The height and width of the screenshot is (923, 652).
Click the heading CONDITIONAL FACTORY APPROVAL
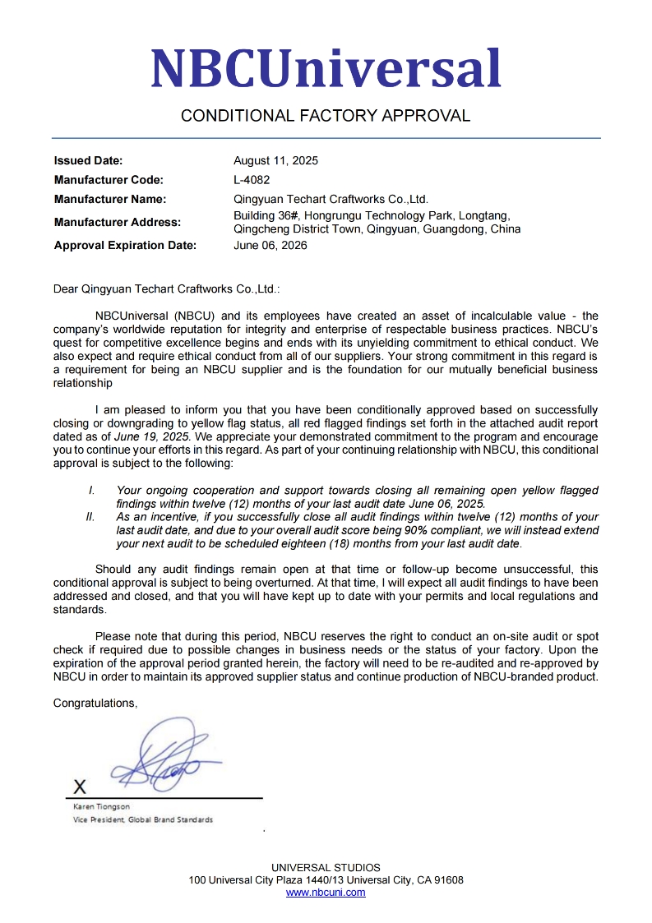coord(326,116)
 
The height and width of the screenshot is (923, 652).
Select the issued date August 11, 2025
coord(275,161)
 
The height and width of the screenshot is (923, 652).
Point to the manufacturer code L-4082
coord(252,180)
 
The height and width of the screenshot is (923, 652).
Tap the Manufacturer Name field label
coord(110,199)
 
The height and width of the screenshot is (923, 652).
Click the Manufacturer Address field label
coord(118,222)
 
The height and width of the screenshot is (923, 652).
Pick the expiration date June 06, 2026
coord(271,245)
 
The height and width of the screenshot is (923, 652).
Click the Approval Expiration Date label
coord(125,245)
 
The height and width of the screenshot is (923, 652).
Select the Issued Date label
coord(88,161)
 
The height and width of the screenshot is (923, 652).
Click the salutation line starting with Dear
coord(166,289)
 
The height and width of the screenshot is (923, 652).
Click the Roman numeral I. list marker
coord(92,491)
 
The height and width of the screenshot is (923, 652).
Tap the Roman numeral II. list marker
coord(90,517)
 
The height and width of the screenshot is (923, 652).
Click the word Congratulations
coord(95,704)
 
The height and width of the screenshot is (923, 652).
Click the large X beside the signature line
coord(80,787)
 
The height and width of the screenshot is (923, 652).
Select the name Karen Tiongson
coord(101,807)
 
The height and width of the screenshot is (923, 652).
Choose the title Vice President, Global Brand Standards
coord(143,820)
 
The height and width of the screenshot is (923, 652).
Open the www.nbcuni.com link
coord(326,893)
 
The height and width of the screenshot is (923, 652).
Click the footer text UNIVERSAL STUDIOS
coord(326,868)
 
